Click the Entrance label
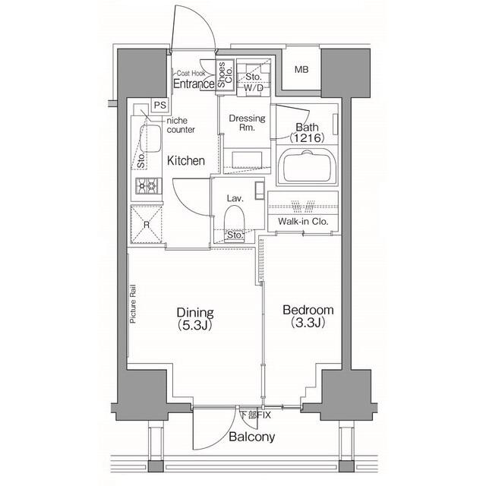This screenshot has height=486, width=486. point(193,84)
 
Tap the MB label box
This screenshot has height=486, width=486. point(301,71)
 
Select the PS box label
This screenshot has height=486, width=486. point(159,105)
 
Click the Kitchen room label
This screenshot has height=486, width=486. point(186,160)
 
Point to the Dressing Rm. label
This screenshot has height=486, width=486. point(247,123)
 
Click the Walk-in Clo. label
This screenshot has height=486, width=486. point(304,222)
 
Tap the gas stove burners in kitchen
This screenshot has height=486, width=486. point(146,186)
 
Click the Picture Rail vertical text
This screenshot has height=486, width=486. point(133,305)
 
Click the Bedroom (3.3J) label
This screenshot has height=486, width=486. point(308,316)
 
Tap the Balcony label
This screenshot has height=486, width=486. point(251,437)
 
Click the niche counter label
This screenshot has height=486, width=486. point(181,125)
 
